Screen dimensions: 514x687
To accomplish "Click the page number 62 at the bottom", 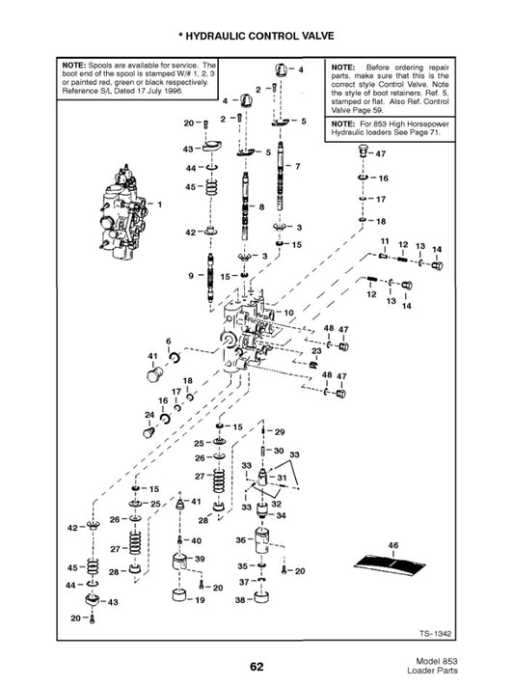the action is click(x=257, y=667).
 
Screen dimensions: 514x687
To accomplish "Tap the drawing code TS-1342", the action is click(x=435, y=634).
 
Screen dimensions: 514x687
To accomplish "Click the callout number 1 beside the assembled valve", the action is click(x=160, y=205).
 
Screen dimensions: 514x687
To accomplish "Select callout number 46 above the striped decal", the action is click(x=393, y=545).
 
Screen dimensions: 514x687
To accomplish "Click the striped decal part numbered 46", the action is click(x=391, y=565).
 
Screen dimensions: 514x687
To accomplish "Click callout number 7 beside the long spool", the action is click(x=298, y=167).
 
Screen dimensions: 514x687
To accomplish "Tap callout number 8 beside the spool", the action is click(x=261, y=206).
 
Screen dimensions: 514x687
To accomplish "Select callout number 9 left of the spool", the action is click(x=191, y=276).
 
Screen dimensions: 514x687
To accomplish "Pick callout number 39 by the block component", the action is click(x=200, y=559).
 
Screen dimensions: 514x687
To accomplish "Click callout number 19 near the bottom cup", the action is click(x=200, y=600).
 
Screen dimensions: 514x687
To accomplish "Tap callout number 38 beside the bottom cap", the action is click(x=240, y=600).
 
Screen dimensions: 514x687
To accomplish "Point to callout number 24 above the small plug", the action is click(x=149, y=415).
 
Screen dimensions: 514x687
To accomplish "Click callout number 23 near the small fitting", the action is click(x=316, y=351).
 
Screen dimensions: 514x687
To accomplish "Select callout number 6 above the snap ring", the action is click(x=169, y=342).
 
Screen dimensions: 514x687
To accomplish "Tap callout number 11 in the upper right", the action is click(x=385, y=241).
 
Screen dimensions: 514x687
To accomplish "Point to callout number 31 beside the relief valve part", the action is click(x=282, y=478).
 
